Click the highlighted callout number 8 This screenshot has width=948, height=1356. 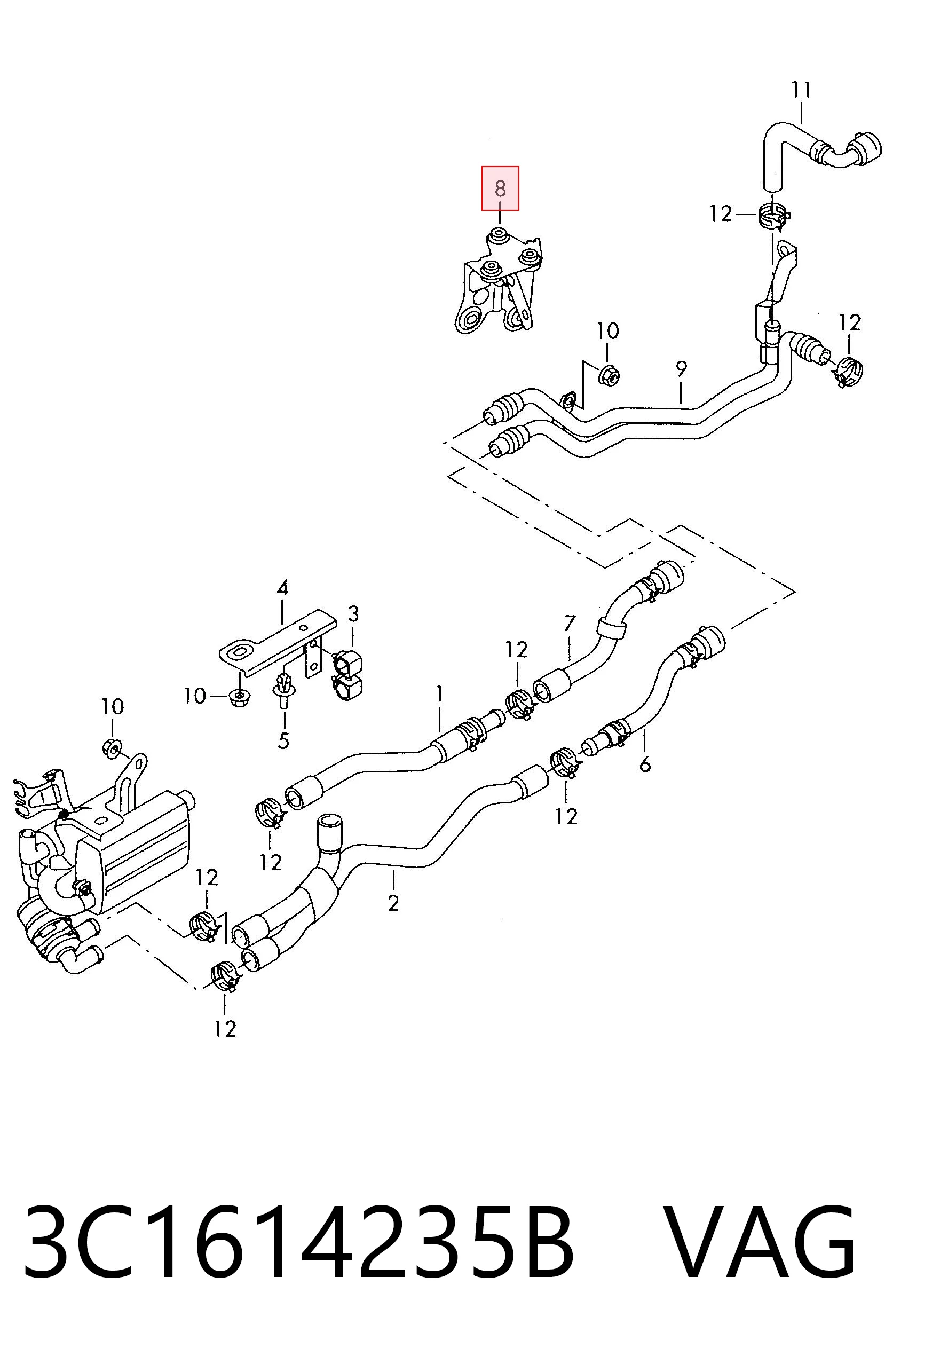tap(500, 188)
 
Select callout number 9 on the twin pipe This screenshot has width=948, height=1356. tap(681, 369)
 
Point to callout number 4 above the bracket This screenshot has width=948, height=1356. tap(282, 588)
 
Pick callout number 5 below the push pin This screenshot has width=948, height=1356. tap(283, 740)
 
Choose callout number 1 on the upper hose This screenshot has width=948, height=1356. tap(439, 693)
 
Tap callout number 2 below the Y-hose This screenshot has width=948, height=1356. tap(393, 902)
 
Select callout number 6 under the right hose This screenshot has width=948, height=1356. tap(645, 764)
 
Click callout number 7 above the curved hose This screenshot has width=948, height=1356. tap(570, 623)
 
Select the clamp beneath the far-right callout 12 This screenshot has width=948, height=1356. tap(848, 371)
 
